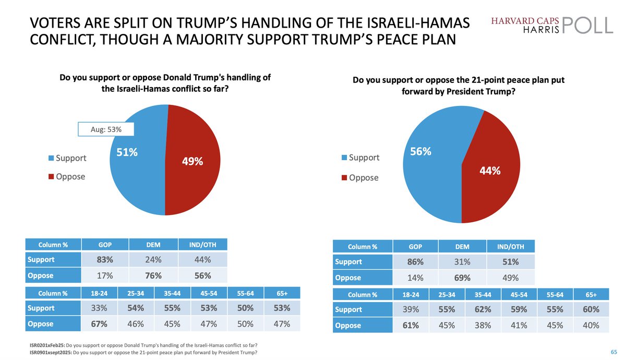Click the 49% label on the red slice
pyautogui.click(x=192, y=162)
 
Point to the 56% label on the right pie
pyautogui.click(x=420, y=151)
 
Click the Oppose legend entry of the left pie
pyautogui.click(x=67, y=176)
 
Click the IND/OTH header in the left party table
pyautogui.click(x=202, y=244)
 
